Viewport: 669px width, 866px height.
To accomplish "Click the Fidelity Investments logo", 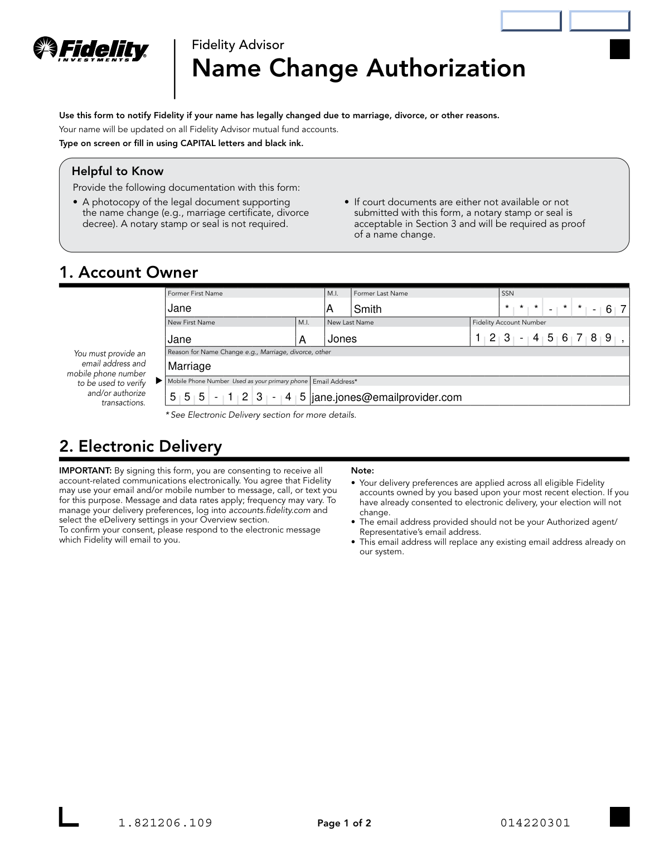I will click(91, 50).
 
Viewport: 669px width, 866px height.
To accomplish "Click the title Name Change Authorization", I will click(358, 69).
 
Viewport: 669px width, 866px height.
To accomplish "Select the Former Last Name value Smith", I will click(367, 309).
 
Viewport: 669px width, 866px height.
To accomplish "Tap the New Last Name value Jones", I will click(342, 339).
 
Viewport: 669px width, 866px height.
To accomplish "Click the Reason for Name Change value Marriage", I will click(190, 366).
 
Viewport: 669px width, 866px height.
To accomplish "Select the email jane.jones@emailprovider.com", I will click(386, 398).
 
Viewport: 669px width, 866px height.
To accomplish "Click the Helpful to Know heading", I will click(118, 171).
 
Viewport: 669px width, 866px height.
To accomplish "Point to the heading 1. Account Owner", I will click(129, 272).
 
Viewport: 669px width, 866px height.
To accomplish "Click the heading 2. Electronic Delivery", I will click(140, 446).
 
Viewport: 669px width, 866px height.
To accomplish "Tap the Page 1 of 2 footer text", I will click(344, 823).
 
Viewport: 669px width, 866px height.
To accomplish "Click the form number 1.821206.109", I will click(165, 823).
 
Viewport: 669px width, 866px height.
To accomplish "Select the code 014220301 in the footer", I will click(535, 823).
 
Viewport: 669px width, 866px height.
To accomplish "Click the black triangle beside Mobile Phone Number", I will click(159, 381).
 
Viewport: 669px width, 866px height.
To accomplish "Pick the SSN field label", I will click(507, 293).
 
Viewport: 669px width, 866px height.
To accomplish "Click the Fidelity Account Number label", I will click(509, 322).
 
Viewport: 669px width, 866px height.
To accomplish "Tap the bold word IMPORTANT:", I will click(85, 471).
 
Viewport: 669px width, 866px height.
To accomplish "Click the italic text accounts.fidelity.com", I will click(269, 510).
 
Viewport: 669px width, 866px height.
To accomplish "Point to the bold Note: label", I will click(362, 471).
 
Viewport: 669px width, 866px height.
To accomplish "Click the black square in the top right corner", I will click(619, 49).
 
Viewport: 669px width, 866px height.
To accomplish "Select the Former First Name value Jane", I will click(180, 308).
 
